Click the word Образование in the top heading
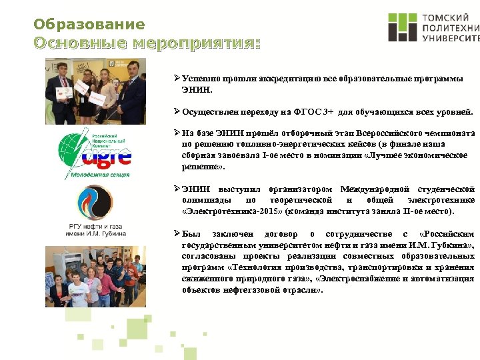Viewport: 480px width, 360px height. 89,25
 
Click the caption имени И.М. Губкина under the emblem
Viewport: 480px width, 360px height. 95,234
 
